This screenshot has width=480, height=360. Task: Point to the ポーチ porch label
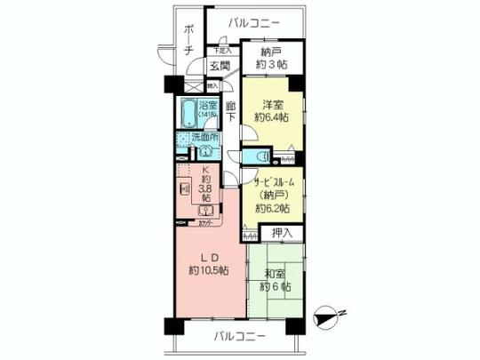pyautogui.click(x=188, y=40)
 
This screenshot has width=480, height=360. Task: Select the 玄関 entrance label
pyautogui.click(x=219, y=67)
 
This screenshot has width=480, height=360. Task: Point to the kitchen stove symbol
pyautogui.click(x=184, y=189)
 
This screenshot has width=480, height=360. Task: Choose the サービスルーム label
pyautogui.click(x=271, y=181)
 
